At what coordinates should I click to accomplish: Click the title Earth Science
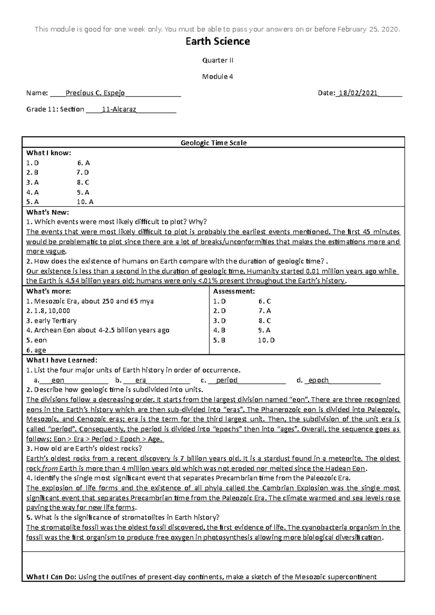(x=217, y=42)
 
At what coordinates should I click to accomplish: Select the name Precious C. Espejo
(x=95, y=93)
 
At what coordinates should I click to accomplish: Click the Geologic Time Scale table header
(x=214, y=143)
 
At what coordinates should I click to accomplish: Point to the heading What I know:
(x=49, y=153)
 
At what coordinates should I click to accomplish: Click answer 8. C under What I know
(x=83, y=183)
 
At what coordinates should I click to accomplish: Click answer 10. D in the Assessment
(x=266, y=340)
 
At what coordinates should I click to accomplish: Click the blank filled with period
(x=227, y=380)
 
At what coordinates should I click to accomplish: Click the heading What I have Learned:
(x=62, y=360)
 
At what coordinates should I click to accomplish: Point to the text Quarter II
(x=217, y=60)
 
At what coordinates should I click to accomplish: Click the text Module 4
(x=217, y=77)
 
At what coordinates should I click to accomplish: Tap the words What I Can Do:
(x=51, y=577)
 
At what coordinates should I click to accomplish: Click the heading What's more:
(x=49, y=291)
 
